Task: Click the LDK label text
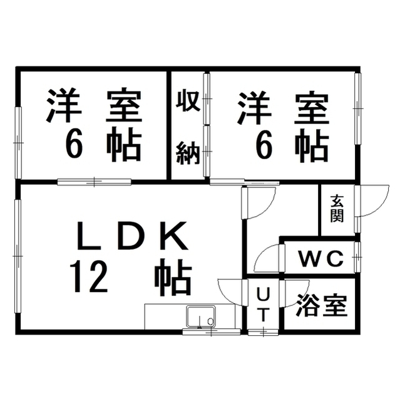pos(132,236)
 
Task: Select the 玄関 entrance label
pos(337,209)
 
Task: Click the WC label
pos(321,259)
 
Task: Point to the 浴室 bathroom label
pos(321,306)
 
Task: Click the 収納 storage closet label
pos(188,127)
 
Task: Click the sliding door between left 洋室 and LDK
pos(94,182)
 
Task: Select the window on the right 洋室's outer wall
pos(358,109)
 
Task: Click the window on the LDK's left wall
pos(18,256)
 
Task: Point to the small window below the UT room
pos(263,332)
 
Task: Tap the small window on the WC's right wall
pos(357,257)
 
